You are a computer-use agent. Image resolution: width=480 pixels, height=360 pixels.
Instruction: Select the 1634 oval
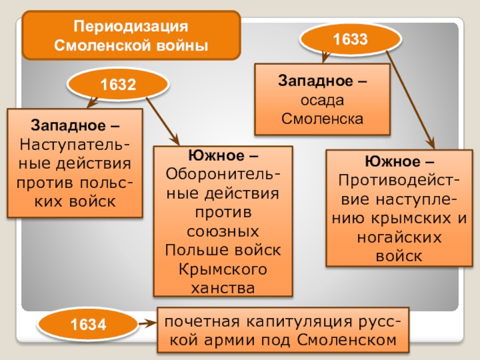[88, 326]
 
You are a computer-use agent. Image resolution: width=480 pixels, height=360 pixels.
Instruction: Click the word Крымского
[223, 269]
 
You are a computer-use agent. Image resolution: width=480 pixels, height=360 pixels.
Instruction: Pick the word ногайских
[398, 237]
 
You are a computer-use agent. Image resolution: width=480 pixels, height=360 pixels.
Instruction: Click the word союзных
[223, 231]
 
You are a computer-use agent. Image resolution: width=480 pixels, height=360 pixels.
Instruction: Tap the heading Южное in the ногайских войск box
[391, 161]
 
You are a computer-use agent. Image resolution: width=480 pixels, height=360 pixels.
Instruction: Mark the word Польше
[194, 250]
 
